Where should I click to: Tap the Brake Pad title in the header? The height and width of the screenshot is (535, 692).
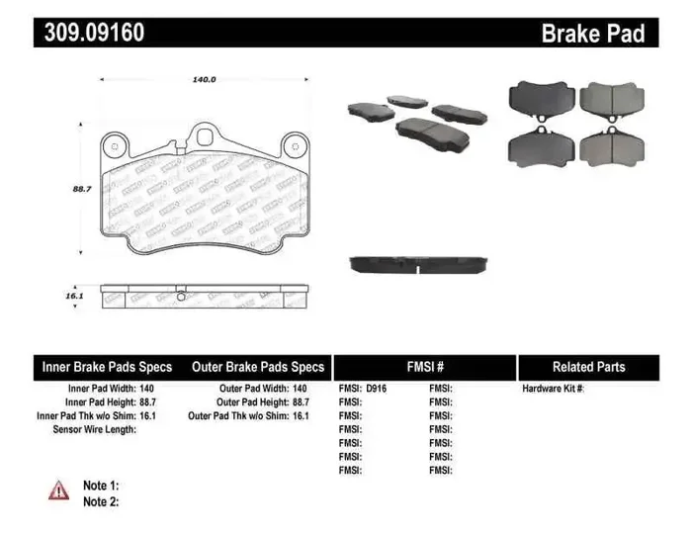click(x=592, y=34)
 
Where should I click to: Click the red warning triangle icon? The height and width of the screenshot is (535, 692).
click(x=59, y=489)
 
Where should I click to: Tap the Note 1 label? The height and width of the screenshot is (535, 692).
click(x=101, y=486)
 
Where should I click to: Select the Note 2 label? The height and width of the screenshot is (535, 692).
click(x=101, y=501)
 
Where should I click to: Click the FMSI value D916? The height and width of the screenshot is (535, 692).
click(x=377, y=389)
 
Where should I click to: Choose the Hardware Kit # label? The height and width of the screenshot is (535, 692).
click(x=553, y=389)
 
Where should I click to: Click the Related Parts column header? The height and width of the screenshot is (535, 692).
click(x=588, y=367)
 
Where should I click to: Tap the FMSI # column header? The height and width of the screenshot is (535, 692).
click(x=424, y=367)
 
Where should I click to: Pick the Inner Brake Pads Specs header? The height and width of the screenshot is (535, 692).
click(x=107, y=367)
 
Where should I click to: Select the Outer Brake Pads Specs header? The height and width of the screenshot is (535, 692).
click(x=259, y=367)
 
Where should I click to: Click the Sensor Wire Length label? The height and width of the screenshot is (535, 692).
click(x=94, y=430)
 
